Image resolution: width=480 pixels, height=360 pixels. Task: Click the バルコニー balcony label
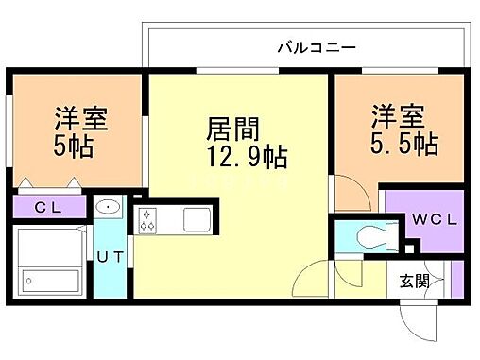point(317,45)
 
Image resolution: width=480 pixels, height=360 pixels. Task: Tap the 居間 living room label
point(232,127)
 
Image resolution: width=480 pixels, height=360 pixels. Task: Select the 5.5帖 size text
point(403,144)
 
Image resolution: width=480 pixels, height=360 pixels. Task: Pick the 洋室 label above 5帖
point(80,119)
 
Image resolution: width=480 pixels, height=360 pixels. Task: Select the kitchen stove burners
point(147,221)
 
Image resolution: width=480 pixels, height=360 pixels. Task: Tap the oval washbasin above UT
point(108,207)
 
